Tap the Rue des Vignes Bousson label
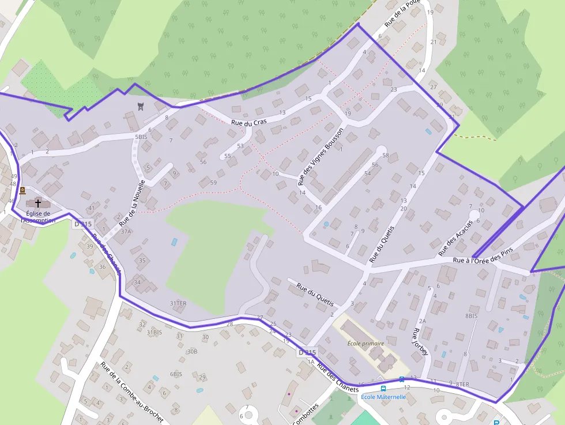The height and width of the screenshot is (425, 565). (321, 156)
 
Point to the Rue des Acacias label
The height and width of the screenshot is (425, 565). (455, 238)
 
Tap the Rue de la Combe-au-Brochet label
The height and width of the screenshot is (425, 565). (131, 393)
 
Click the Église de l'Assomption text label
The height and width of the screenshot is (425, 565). (39, 217)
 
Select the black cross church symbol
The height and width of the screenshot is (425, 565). (39, 203)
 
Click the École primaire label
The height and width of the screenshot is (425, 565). (366, 343)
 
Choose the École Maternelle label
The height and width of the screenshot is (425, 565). (383, 397)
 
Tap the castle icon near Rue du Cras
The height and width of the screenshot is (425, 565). (140, 106)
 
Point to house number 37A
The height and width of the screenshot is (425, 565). (126, 231)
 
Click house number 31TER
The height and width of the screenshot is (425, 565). (178, 303)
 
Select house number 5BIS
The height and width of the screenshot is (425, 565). (141, 137)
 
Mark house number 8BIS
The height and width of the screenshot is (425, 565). (472, 316)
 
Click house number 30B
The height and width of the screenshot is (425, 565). (192, 351)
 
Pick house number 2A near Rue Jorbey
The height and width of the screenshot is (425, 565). (422, 321)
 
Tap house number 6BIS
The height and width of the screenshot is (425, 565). (176, 374)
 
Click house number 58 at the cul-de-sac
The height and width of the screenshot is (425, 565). (386, 156)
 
